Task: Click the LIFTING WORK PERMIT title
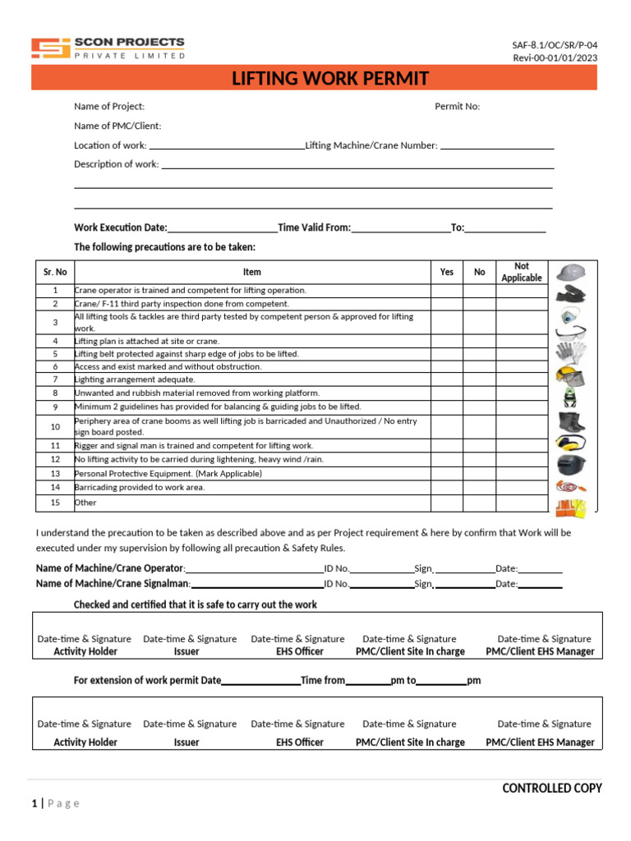click(330, 79)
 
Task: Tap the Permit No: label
click(457, 106)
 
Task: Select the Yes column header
click(446, 272)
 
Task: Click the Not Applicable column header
click(522, 272)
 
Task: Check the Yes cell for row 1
click(446, 291)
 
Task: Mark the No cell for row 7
click(480, 380)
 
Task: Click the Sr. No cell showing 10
click(55, 427)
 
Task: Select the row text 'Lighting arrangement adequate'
click(135, 380)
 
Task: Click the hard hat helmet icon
click(570, 273)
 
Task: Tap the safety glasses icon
click(570, 333)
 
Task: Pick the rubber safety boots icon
click(570, 422)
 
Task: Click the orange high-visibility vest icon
click(570, 508)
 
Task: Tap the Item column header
click(252, 272)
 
